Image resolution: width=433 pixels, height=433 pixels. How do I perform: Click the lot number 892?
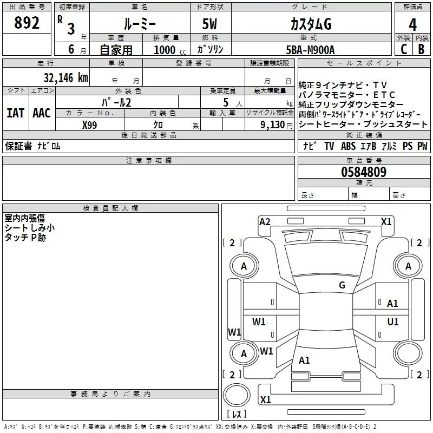coord(27,24)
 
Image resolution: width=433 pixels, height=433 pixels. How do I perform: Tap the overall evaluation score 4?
coord(412,25)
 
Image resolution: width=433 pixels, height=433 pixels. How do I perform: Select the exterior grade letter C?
coord(404,49)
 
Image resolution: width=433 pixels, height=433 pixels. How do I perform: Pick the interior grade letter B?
coord(421,49)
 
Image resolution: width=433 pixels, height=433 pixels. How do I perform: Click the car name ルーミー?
coord(139,25)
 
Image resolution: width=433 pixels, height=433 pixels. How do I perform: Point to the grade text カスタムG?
coord(311,25)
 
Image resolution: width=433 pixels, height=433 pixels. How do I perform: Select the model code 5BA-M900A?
coord(311,49)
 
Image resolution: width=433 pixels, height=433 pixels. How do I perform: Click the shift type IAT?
coord(15,113)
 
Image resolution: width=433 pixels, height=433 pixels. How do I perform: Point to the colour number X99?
coord(90,124)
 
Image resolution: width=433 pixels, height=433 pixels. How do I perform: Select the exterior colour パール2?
coord(116,102)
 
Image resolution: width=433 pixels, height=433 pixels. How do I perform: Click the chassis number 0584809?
coord(364,172)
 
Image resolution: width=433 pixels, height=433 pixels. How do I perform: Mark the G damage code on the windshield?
coord(342,285)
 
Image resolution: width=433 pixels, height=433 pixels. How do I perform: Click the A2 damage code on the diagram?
coord(265,221)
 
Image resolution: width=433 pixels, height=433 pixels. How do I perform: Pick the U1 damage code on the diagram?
coord(393,322)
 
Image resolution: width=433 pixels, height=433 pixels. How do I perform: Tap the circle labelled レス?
coord(237,414)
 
